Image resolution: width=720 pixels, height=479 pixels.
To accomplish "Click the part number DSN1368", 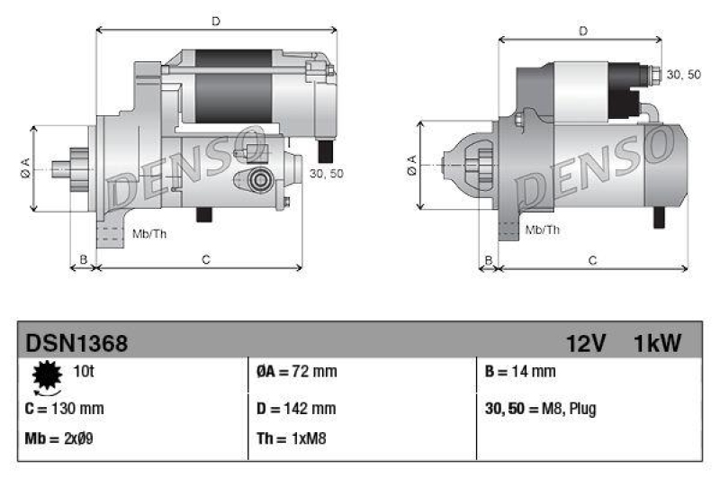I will [x=76, y=343].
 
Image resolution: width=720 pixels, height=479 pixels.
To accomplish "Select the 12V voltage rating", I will [x=587, y=343].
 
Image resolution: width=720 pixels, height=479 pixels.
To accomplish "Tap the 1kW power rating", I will [x=658, y=343].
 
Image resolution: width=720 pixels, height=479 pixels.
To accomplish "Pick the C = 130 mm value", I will [x=65, y=408].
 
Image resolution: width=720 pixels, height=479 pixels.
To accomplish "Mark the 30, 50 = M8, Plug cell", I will [x=540, y=408].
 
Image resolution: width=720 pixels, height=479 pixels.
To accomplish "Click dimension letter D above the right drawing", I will [x=583, y=31].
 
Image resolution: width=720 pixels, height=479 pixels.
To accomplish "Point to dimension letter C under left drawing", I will [x=205, y=260].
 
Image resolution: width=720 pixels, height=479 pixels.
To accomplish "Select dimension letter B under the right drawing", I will [x=489, y=260].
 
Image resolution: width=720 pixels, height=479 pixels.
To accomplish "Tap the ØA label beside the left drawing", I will [x=24, y=167].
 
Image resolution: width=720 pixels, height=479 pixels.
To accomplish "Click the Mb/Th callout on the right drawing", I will [x=542, y=230].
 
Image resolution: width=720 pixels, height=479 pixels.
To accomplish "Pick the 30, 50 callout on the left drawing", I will [x=325, y=173].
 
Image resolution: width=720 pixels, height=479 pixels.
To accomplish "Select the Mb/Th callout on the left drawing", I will [x=148, y=234].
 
